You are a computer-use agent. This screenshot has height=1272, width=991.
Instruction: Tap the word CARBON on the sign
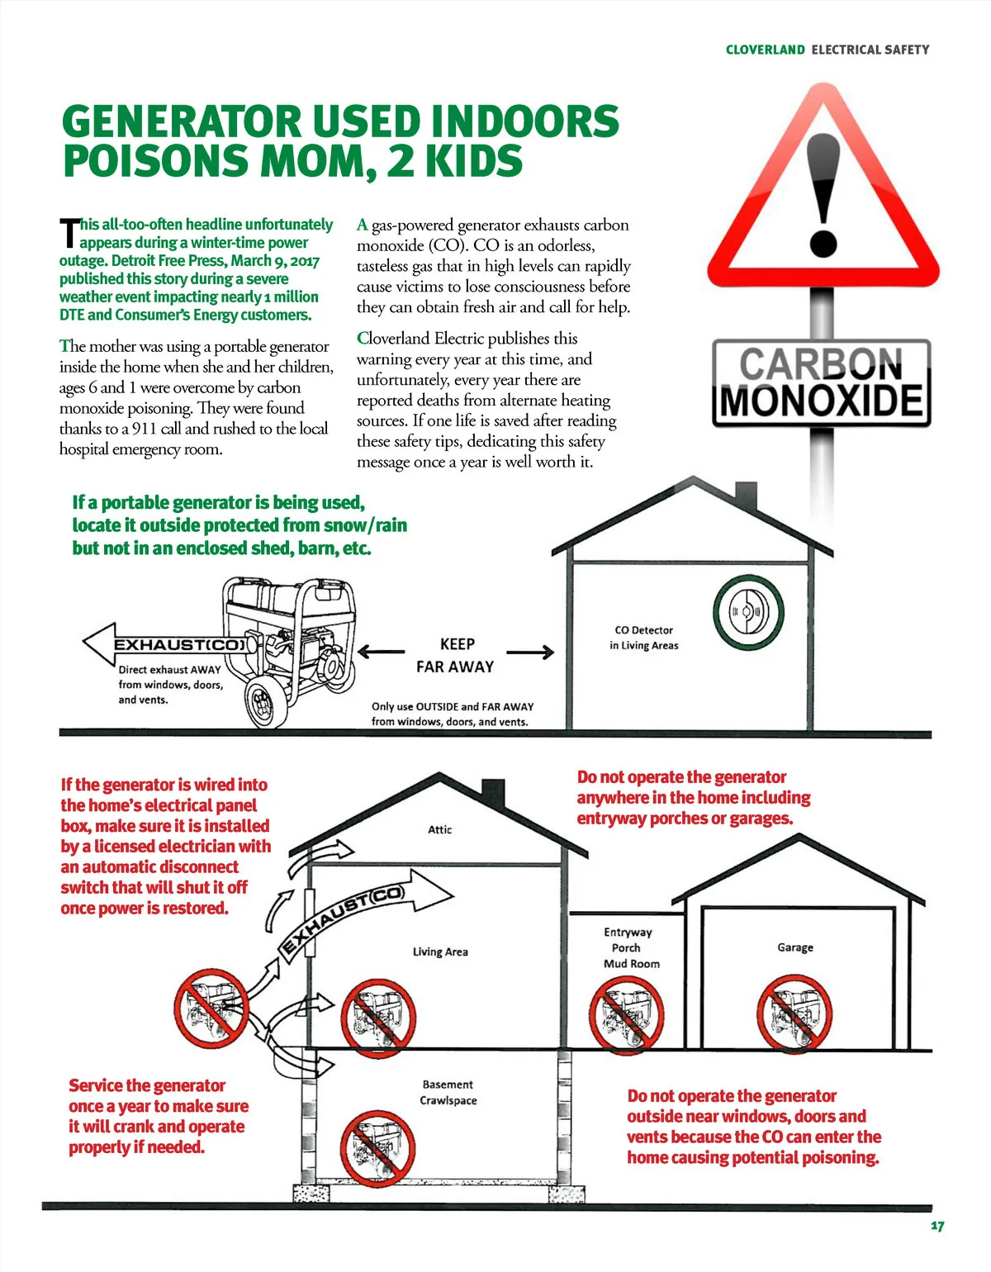point(821,364)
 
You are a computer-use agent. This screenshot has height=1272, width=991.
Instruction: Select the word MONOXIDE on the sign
point(822,401)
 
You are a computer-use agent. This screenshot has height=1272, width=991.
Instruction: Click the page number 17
point(937,1226)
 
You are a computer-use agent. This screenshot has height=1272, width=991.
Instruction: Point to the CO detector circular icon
point(748,613)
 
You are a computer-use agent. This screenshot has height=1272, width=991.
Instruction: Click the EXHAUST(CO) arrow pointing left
point(165,644)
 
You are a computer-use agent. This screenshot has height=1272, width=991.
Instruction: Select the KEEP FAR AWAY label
point(456,655)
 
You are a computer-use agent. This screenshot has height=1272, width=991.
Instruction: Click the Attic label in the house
point(440,829)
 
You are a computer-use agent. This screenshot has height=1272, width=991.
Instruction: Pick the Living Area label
point(440,952)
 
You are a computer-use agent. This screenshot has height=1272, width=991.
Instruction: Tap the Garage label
point(795,947)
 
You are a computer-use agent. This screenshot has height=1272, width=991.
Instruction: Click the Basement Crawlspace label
point(448,1092)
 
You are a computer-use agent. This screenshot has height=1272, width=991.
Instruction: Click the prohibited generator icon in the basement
point(377,1147)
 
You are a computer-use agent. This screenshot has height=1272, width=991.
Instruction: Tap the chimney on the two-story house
point(492,792)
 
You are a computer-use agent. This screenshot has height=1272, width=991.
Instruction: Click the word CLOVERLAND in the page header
point(765,50)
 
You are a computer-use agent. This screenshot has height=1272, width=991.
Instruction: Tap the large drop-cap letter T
point(69,234)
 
